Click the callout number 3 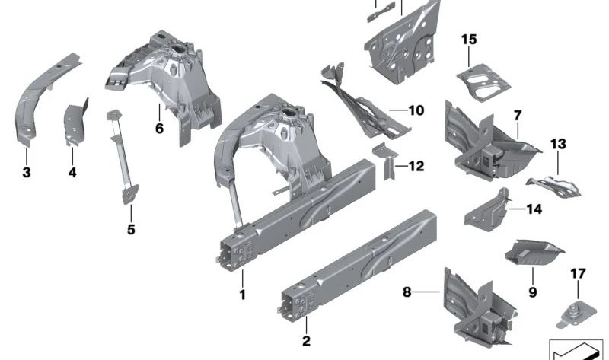tap(27, 173)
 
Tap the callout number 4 tap(72, 173)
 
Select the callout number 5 tap(131, 228)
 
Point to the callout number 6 tap(159, 128)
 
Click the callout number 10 tap(415, 110)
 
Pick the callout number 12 tap(416, 166)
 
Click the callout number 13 tap(558, 143)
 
